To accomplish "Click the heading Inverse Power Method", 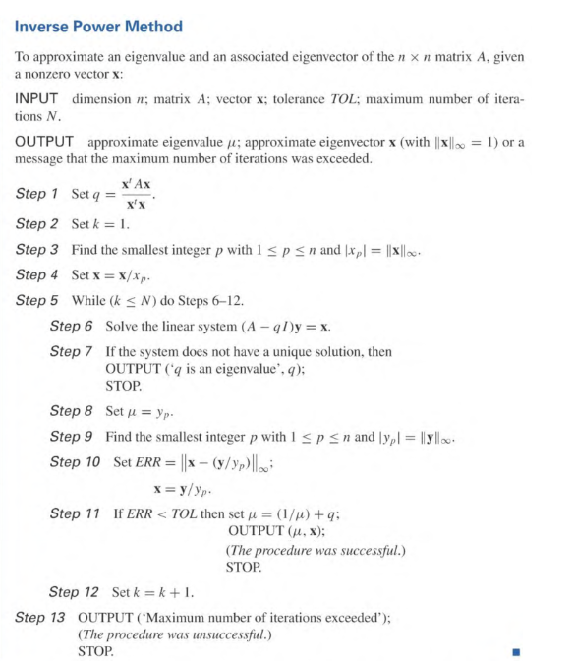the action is [x=98, y=26].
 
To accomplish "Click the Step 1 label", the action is [x=37, y=193].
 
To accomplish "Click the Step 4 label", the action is [x=37, y=275].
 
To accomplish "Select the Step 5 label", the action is [x=37, y=301].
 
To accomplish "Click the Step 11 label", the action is [x=77, y=513].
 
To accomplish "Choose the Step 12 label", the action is [x=77, y=592].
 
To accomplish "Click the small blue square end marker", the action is [x=514, y=651].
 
